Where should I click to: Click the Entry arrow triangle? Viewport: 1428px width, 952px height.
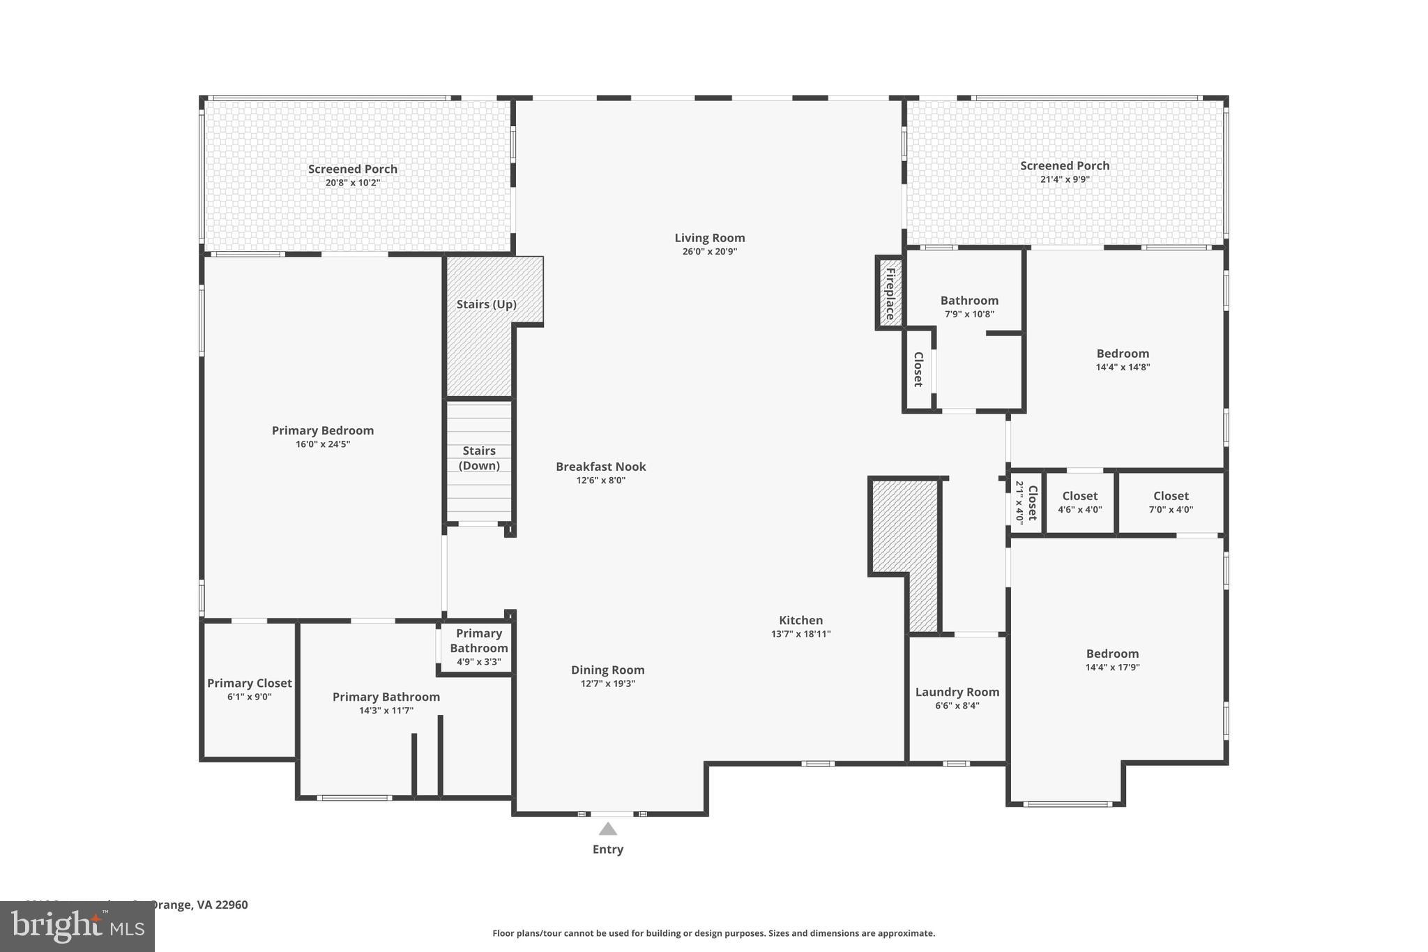click(x=607, y=829)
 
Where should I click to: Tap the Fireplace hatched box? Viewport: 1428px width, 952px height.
click(x=890, y=293)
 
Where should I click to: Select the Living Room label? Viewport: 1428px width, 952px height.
click(x=709, y=238)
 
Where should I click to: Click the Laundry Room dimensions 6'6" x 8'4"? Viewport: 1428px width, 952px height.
click(x=957, y=705)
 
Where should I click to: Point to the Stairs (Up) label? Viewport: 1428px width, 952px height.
click(x=486, y=304)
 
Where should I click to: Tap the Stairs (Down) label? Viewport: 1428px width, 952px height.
click(x=479, y=458)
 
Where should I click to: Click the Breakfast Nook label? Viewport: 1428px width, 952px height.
click(x=600, y=467)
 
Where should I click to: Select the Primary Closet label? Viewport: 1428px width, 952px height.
click(x=249, y=683)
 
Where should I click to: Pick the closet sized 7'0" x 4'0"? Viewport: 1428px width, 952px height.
click(x=1171, y=502)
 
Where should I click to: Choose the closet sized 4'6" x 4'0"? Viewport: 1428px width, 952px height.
click(x=1079, y=502)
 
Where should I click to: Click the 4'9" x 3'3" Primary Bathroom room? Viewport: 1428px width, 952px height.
click(x=478, y=647)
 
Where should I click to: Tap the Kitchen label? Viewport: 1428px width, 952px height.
click(x=800, y=620)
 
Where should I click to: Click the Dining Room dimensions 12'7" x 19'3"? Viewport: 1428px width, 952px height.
click(x=607, y=683)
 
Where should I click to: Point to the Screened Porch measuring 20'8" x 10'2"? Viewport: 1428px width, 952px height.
click(x=353, y=174)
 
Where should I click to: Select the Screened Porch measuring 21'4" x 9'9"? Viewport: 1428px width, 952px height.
click(x=1065, y=172)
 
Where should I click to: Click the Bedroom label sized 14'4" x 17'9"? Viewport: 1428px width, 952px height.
click(x=1112, y=653)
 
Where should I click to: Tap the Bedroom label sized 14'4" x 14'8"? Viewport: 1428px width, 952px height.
click(x=1123, y=354)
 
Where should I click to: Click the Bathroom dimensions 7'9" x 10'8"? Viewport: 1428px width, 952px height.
click(x=969, y=314)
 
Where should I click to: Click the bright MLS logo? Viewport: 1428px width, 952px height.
click(x=77, y=927)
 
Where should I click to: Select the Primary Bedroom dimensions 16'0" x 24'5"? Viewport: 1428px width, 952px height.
click(x=322, y=444)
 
